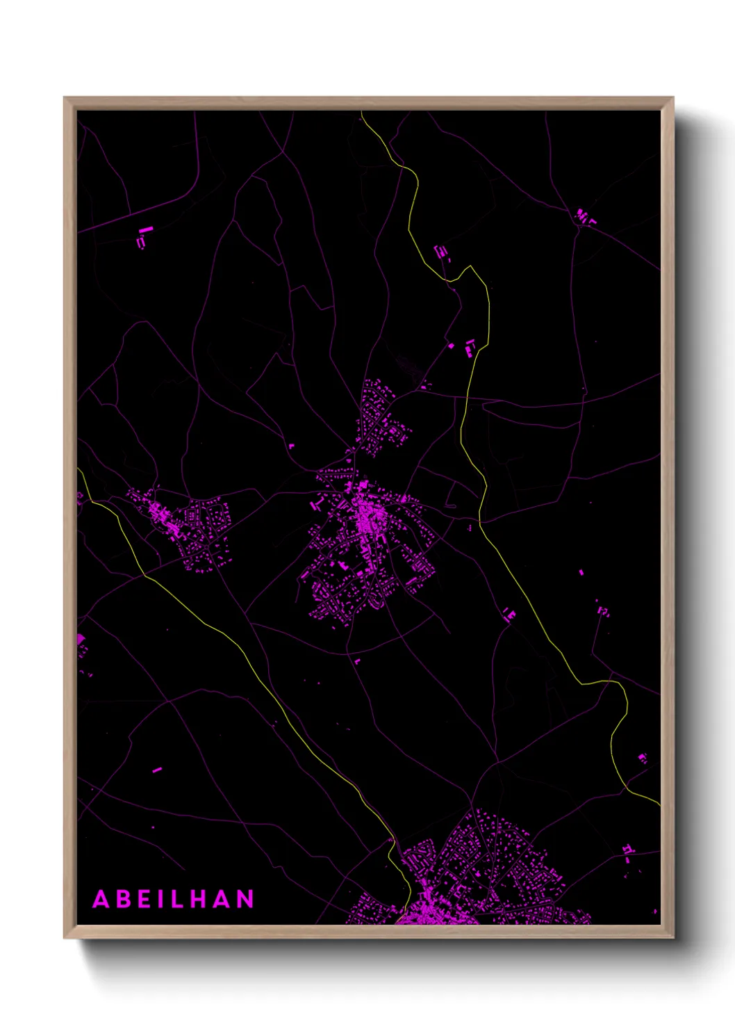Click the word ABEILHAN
(x=173, y=899)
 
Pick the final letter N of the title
(x=245, y=899)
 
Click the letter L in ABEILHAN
(x=179, y=899)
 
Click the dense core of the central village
(x=365, y=518)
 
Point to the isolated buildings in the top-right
(x=584, y=216)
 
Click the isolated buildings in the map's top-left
(x=143, y=237)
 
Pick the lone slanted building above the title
(x=156, y=770)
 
